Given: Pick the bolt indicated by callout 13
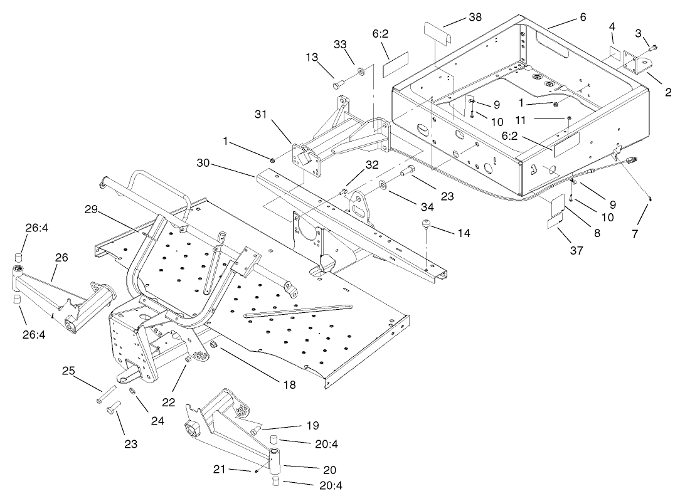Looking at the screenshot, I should [x=339, y=83].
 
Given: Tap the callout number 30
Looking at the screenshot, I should [x=203, y=162].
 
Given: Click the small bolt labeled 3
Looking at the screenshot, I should [x=654, y=46].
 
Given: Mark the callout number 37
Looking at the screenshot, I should [x=576, y=250].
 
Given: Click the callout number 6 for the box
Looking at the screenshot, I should [x=583, y=18].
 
